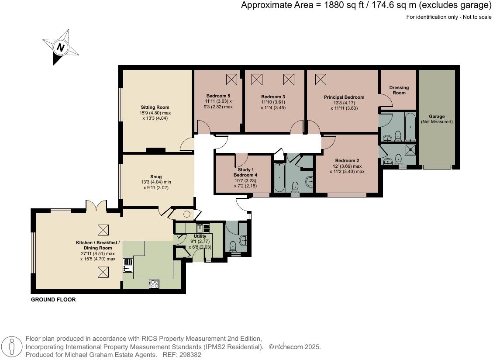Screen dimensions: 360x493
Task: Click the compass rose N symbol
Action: pos(61,47)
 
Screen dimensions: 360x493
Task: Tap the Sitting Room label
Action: pos(155,107)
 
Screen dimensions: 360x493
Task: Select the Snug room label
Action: pos(155,177)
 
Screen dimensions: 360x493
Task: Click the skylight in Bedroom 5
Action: pos(231,80)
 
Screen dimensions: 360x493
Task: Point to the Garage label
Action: pos(437,117)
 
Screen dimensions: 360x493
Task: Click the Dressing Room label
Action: pos(399,90)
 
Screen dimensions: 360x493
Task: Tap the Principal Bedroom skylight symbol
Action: pos(321,80)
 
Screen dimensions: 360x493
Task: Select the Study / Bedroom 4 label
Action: pos(244,172)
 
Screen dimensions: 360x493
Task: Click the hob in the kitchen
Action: pos(154,284)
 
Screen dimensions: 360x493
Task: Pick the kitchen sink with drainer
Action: pos(128,265)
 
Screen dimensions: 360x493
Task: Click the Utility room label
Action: pos(200,236)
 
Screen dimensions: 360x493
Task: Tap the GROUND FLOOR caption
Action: pos(53,300)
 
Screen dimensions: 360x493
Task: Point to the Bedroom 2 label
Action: pos(347,160)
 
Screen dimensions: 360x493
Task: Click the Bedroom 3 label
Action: pos(273,97)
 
